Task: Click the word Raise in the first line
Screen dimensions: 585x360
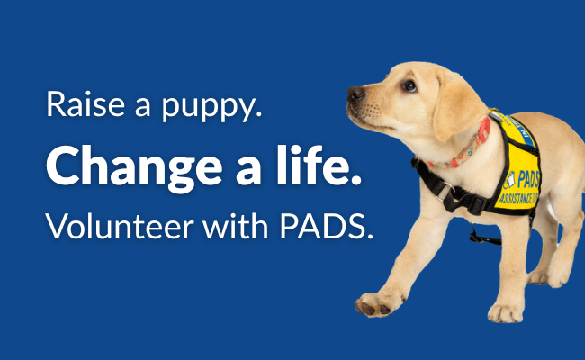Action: (x=85, y=104)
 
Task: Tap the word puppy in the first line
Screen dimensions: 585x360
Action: (x=211, y=108)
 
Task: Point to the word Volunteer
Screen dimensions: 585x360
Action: (x=120, y=226)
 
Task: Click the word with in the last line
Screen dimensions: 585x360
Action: (x=236, y=226)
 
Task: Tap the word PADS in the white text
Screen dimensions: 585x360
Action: (x=326, y=226)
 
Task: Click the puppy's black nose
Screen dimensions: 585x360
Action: (x=355, y=94)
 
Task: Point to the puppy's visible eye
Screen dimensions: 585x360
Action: (x=409, y=86)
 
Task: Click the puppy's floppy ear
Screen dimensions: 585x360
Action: (x=457, y=105)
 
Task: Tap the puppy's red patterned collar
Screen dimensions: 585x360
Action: (x=463, y=148)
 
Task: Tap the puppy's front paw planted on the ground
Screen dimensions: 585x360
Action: (x=505, y=312)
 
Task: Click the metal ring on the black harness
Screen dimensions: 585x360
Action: (x=446, y=192)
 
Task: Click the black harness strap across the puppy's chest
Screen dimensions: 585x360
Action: (x=447, y=188)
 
